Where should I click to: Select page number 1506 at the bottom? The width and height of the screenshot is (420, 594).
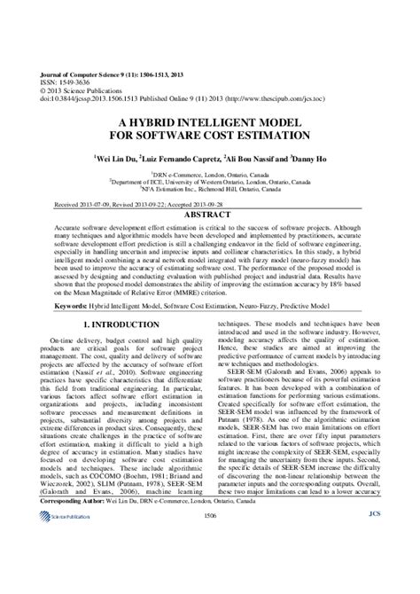[209, 562]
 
